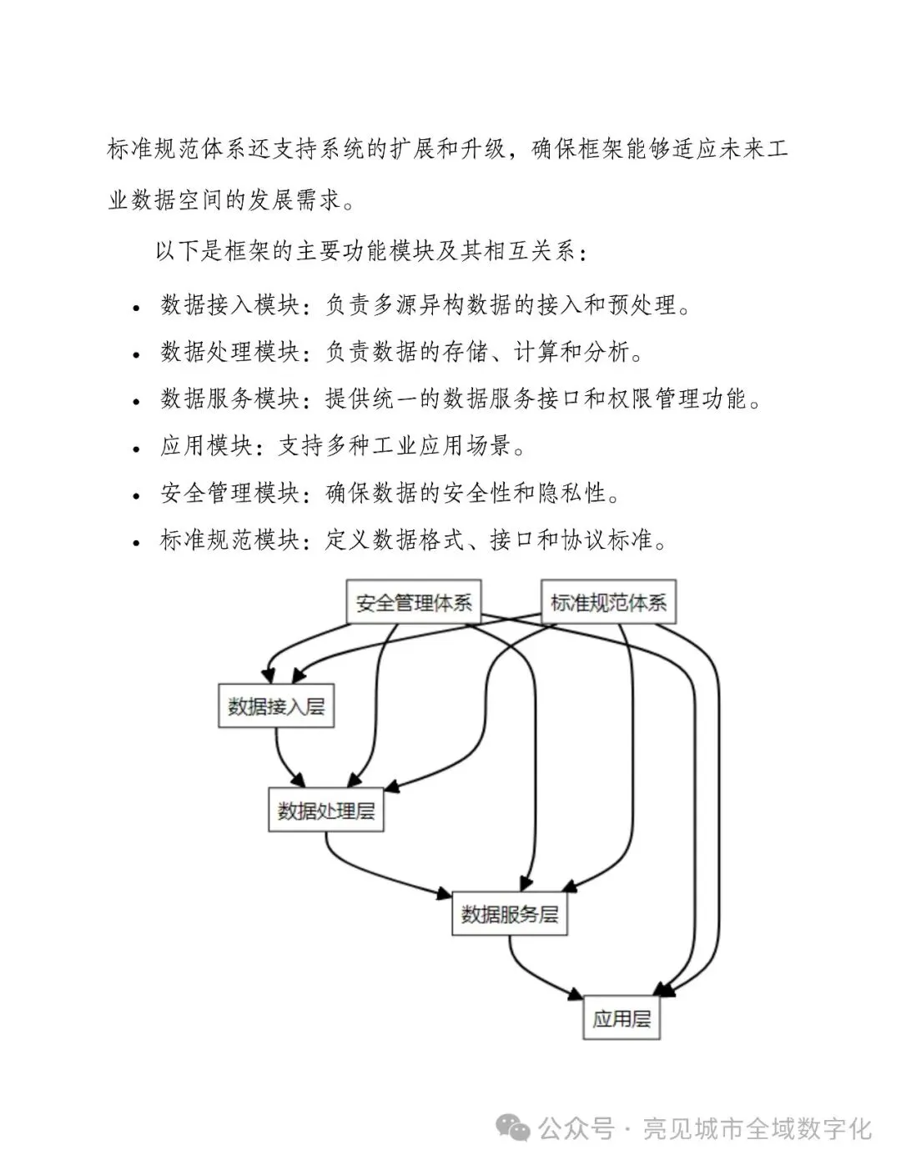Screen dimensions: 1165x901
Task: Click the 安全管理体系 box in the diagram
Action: [x=414, y=602]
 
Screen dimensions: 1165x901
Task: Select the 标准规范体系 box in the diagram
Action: [x=608, y=602]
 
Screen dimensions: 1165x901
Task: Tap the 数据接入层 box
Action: [x=276, y=706]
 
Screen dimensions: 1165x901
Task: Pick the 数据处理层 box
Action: [x=326, y=810]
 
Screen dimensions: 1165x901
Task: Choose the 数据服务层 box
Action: [x=510, y=914]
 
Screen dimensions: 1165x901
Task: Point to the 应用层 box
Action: [x=621, y=1017]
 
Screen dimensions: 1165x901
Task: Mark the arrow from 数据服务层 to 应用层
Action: [x=534, y=976]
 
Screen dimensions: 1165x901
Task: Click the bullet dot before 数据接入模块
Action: [x=136, y=308]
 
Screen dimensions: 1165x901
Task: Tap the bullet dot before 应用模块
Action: [x=136, y=449]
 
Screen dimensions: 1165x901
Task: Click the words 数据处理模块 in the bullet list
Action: [x=230, y=352]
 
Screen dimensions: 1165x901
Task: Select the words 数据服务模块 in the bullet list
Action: [x=230, y=399]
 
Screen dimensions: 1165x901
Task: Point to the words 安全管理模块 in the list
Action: [x=230, y=494]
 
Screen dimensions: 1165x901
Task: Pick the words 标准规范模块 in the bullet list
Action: [x=230, y=541]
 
